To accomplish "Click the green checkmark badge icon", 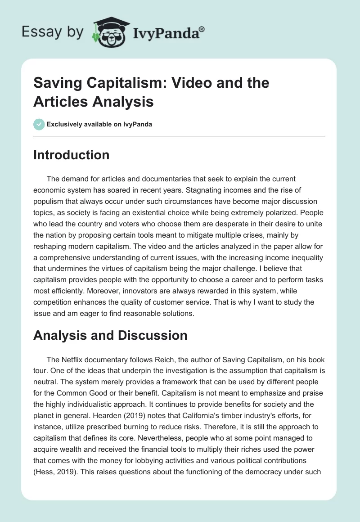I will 39,124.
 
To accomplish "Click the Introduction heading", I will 71,155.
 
